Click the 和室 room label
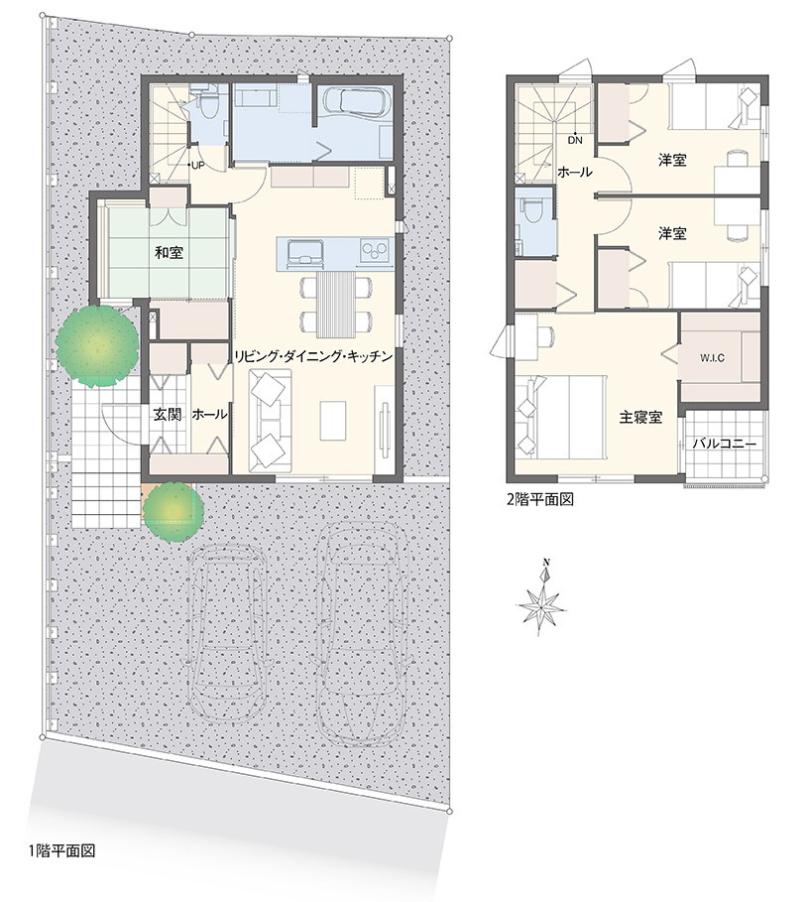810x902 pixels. [169, 252]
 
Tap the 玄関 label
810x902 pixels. [168, 414]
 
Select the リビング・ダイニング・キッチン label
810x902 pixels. [313, 356]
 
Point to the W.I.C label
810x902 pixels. [712, 358]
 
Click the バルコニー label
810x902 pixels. [725, 444]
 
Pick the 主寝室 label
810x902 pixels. [640, 417]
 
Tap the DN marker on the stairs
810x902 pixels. [575, 140]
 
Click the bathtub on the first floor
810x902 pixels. [355, 102]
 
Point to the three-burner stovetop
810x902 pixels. [374, 250]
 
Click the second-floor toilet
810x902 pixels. [531, 211]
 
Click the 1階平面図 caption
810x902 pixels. [61, 850]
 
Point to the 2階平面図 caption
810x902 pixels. [539, 499]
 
